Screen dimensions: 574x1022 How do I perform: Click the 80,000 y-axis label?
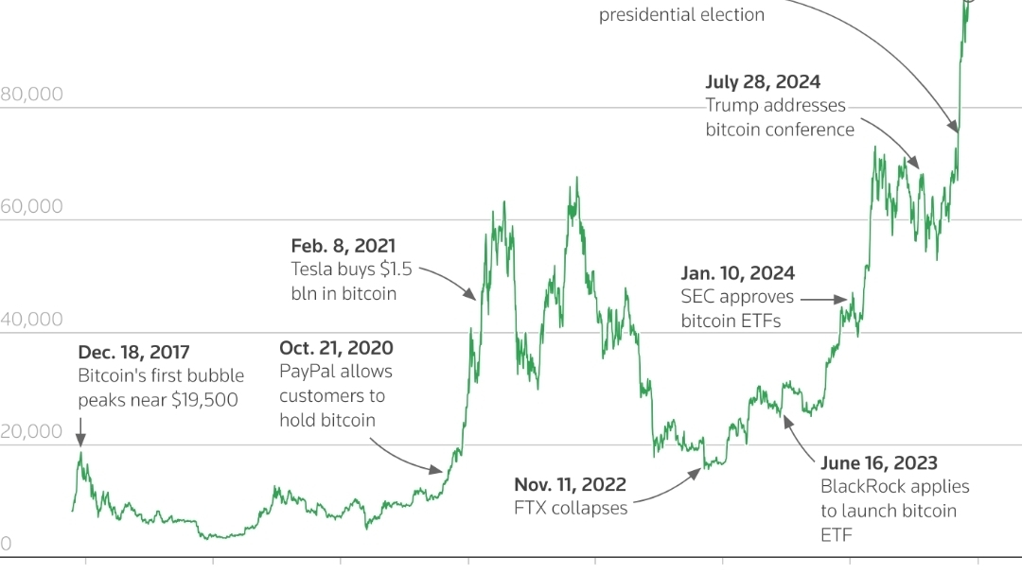click(32, 95)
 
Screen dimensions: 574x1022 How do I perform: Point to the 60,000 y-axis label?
click(32, 206)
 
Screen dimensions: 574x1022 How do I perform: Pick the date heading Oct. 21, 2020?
click(336, 349)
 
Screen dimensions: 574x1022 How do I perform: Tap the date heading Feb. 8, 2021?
click(344, 246)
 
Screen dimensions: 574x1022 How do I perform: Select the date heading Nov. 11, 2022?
click(570, 485)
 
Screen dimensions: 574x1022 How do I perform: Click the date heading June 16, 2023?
click(879, 463)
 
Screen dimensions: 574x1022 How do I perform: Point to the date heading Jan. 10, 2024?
click(737, 274)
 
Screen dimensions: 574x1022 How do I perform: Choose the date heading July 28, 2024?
click(763, 82)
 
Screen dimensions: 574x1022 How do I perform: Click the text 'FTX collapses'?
click(571, 508)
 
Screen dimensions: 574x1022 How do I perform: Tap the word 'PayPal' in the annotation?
click(307, 372)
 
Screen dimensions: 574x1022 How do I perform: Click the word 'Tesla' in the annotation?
click(313, 270)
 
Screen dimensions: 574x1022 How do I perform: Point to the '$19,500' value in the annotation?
click(205, 400)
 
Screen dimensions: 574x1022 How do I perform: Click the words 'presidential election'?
click(681, 15)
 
